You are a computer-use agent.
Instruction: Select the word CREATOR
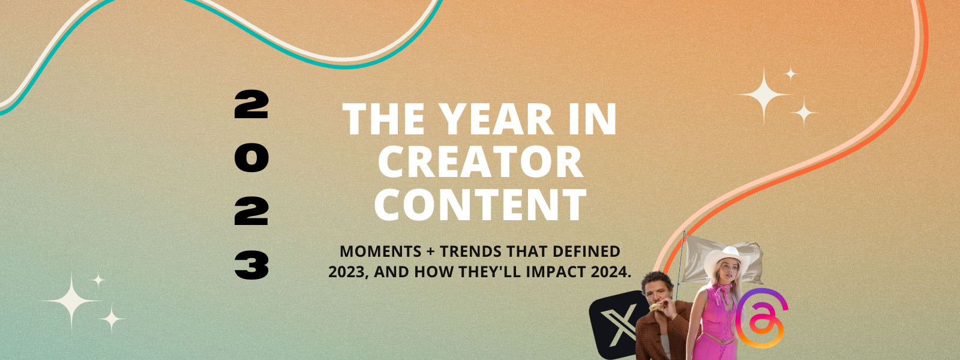click(480, 162)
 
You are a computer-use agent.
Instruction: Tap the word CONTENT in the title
click(480, 205)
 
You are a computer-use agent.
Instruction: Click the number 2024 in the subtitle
click(610, 272)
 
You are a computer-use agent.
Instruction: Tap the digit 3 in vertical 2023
click(251, 265)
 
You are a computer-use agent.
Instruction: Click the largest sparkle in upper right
click(764, 95)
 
